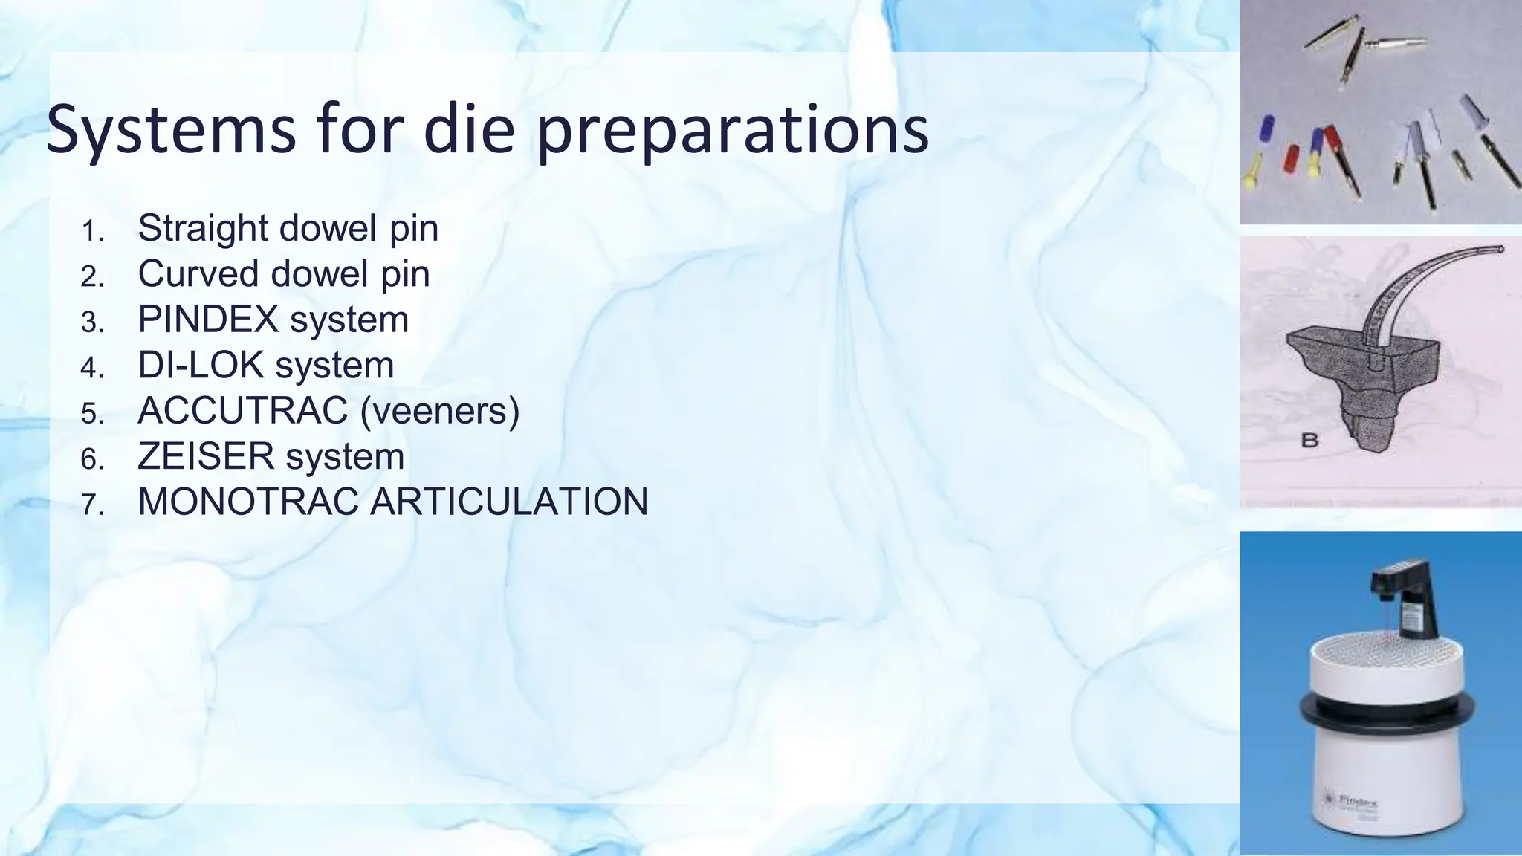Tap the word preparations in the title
pyautogui.click(x=731, y=130)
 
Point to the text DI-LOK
pyautogui.click(x=201, y=365)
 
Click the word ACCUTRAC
pyautogui.click(x=243, y=411)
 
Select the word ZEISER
pyautogui.click(x=205, y=456)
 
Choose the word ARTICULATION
pyautogui.click(x=509, y=502)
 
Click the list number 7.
pyautogui.click(x=92, y=505)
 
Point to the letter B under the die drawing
pyautogui.click(x=1309, y=441)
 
